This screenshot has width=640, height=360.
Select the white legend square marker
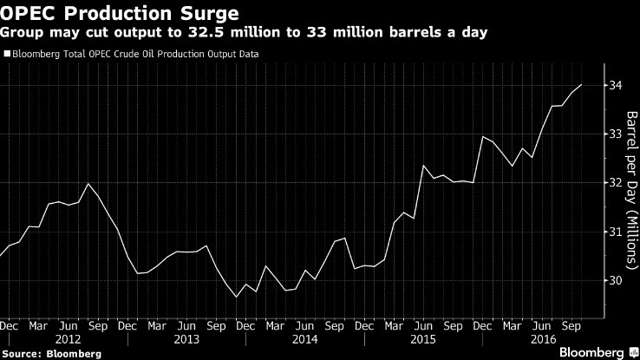(x=7, y=54)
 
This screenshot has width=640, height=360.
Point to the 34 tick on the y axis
(x=615, y=85)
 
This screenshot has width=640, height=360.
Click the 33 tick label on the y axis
(x=615, y=134)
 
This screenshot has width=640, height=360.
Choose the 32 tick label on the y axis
(x=615, y=183)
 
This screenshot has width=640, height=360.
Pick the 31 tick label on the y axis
(x=615, y=232)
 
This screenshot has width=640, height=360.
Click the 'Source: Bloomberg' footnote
(x=51, y=353)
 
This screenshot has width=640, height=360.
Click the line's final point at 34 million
(x=581, y=85)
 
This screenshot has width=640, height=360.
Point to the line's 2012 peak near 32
(x=88, y=183)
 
